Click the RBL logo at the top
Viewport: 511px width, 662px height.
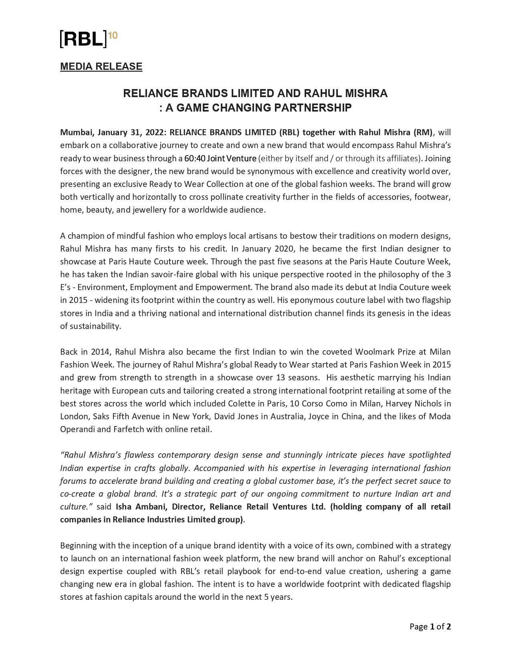(x=84, y=39)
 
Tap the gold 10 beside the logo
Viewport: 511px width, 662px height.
(x=113, y=35)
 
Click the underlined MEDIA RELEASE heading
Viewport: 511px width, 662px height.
(x=101, y=67)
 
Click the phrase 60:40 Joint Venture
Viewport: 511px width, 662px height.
(x=220, y=158)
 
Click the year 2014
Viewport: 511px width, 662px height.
(x=100, y=352)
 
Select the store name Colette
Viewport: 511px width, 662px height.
(x=241, y=403)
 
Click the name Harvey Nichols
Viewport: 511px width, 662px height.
(x=415, y=403)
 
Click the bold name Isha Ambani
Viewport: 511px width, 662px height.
(x=141, y=506)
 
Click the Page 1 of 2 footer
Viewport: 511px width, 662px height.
(x=430, y=626)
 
